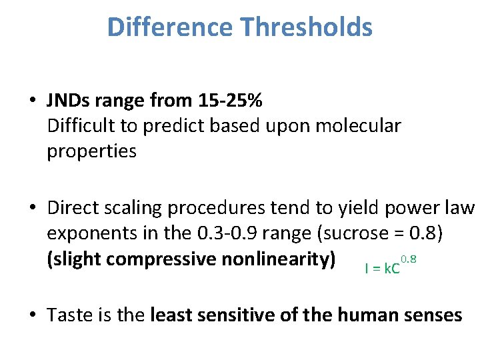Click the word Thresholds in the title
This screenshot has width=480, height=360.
[x=308, y=27]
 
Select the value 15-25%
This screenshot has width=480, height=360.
[x=230, y=101]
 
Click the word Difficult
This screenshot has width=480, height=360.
[x=79, y=126]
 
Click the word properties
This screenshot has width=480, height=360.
[x=91, y=151]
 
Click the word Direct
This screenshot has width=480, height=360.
[x=71, y=208]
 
